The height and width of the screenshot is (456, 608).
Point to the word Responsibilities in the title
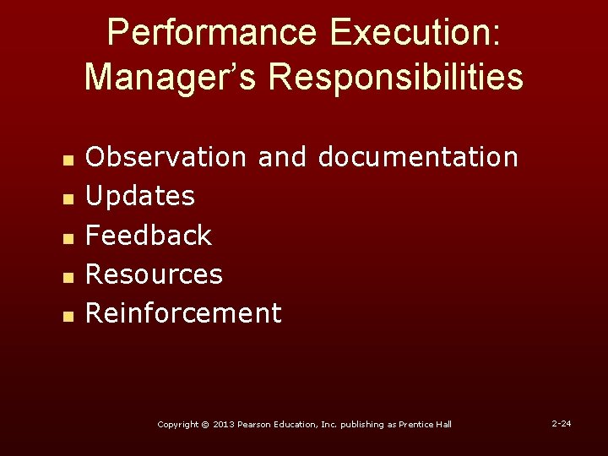(x=396, y=76)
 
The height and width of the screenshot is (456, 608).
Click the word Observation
(x=166, y=156)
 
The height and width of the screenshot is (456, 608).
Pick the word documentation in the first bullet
(x=418, y=156)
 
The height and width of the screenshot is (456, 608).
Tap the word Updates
(x=140, y=196)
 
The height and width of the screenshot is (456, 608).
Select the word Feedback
(x=149, y=235)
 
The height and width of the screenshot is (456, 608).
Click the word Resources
(x=155, y=274)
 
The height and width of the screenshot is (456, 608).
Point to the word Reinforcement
(x=183, y=313)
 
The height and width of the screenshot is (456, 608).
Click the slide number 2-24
(x=562, y=423)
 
